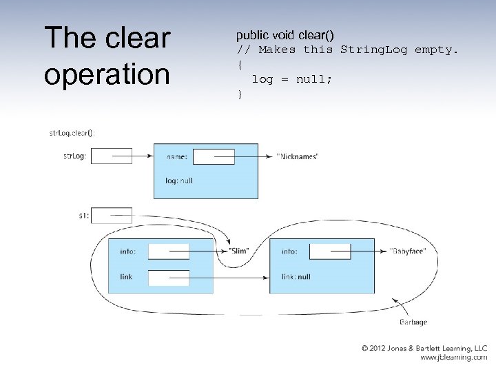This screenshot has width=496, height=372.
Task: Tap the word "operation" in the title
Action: point(106,74)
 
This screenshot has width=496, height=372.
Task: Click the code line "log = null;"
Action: point(291,79)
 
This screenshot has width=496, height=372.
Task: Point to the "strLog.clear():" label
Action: point(72,133)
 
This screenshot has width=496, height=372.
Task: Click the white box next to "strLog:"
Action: point(111,156)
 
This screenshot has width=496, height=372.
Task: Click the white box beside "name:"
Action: point(214,156)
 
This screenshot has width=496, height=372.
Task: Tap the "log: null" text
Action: point(180,180)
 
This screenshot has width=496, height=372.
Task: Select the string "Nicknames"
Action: point(298,157)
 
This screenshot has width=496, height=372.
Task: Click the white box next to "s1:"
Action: point(111,216)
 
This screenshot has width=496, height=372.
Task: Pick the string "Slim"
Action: point(238,251)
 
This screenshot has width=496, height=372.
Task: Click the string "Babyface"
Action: point(408,251)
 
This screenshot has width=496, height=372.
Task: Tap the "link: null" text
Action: point(296,277)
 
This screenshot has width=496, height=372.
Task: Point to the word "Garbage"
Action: point(413,322)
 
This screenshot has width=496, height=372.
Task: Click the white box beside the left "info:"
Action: point(169,251)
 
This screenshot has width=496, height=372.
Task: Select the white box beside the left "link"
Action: point(169,278)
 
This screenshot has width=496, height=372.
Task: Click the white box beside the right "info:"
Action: point(330,251)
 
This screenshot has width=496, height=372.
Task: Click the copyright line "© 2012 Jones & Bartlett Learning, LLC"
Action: point(424,349)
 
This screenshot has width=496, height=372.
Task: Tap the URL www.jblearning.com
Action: point(454,358)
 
